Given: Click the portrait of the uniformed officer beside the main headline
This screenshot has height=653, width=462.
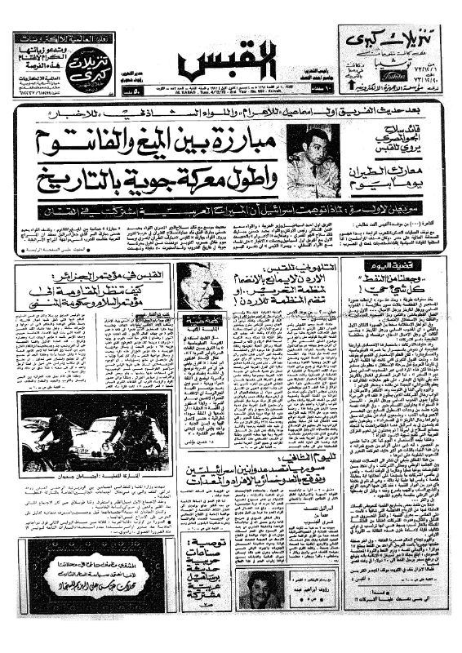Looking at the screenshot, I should coord(313,161).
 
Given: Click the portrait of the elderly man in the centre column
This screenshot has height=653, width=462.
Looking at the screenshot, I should coord(198,287).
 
